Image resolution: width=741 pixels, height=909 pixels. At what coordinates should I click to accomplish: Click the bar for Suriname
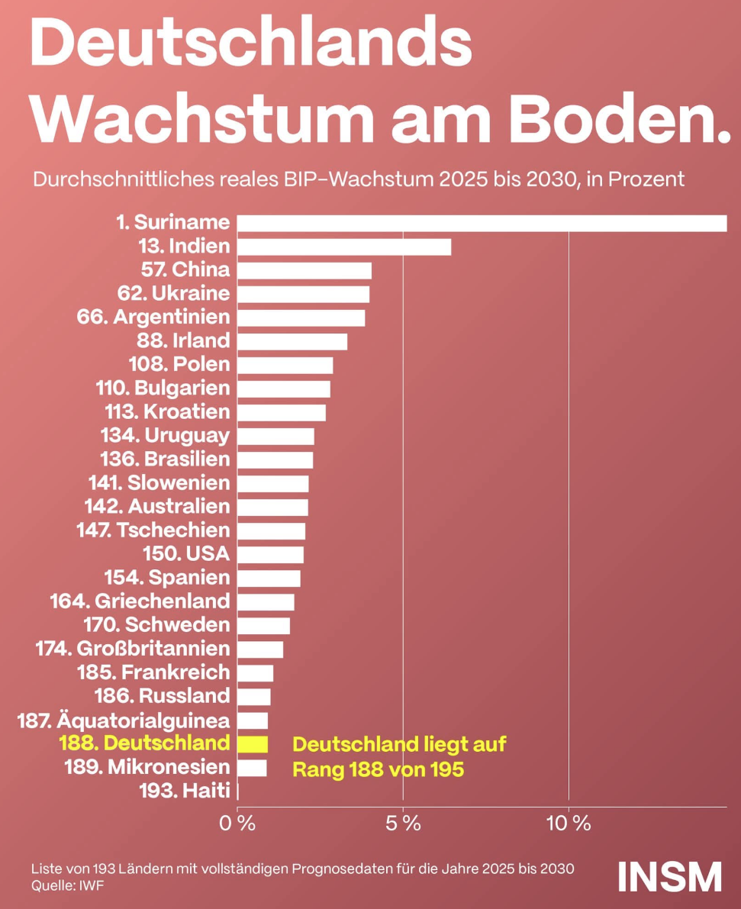pyautogui.click(x=481, y=223)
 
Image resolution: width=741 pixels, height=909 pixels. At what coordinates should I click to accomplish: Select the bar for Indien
pyautogui.click(x=343, y=247)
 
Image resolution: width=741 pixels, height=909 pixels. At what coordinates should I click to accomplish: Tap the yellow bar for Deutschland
pyautogui.click(x=253, y=743)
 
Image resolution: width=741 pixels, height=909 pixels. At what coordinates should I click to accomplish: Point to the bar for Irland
pyautogui.click(x=292, y=341)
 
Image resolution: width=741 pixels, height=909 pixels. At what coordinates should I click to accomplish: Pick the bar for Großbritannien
pyautogui.click(x=260, y=649)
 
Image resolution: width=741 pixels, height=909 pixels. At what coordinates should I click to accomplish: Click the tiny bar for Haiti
pyautogui.click(x=239, y=791)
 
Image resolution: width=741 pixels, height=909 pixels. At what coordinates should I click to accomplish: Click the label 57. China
pyautogui.click(x=185, y=269)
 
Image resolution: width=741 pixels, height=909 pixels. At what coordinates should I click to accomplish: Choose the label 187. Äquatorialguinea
pyautogui.click(x=123, y=720)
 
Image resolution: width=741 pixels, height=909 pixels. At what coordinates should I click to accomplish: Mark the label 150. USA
pyautogui.click(x=186, y=553)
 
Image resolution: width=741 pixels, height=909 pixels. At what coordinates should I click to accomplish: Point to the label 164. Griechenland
pyautogui.click(x=140, y=601)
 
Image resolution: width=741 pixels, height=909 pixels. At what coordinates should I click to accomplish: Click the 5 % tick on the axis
pyautogui.click(x=403, y=824)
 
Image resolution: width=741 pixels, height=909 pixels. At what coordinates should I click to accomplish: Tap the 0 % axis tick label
pyautogui.click(x=237, y=824)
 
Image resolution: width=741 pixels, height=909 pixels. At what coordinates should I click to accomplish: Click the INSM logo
pyautogui.click(x=669, y=876)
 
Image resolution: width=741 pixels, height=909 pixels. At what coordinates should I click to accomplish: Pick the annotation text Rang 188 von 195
pyautogui.click(x=378, y=769)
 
